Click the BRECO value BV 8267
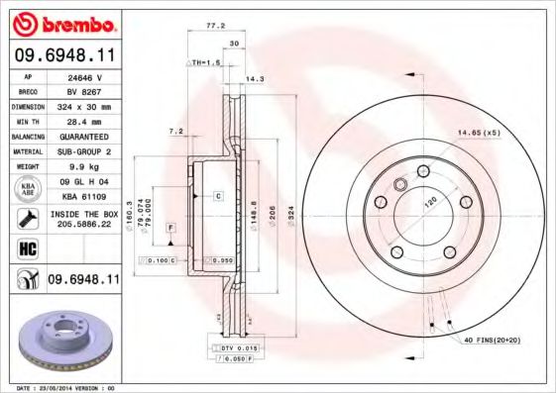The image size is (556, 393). coord(85,90)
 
